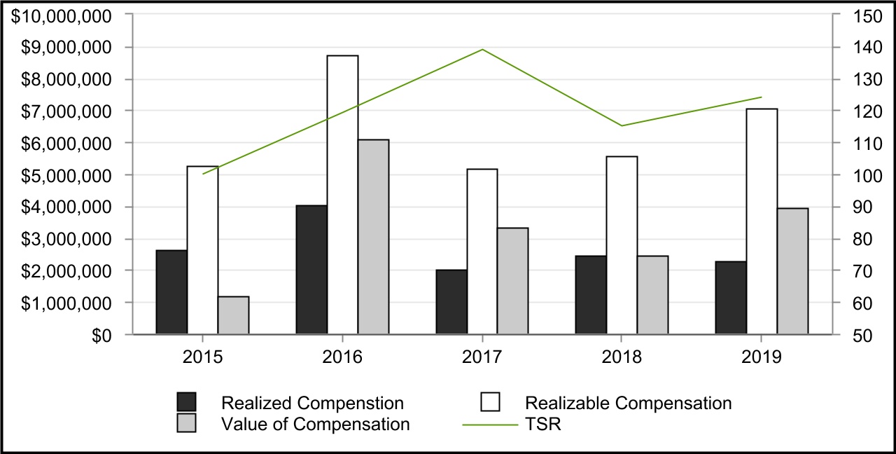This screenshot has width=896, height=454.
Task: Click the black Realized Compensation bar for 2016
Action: coord(311,270)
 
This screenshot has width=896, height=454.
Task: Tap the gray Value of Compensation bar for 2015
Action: coord(233,315)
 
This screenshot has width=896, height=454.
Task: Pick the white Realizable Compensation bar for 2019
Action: coord(762,221)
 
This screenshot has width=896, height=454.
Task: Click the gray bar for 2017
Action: coord(512,281)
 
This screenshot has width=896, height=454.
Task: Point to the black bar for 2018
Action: coord(591,295)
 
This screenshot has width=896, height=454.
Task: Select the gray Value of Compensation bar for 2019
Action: coord(792,271)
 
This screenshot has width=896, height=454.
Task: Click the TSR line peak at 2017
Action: coord(482,50)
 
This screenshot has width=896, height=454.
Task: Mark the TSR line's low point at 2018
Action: coord(622,125)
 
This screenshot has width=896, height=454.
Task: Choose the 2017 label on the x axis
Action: coord(482,357)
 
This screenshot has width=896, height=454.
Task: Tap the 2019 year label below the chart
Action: coord(762,357)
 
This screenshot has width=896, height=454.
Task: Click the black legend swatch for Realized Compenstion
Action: coord(186,402)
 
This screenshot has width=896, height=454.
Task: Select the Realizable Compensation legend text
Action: coord(628,403)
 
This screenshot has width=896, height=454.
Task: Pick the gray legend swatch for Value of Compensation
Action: coord(186,423)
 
